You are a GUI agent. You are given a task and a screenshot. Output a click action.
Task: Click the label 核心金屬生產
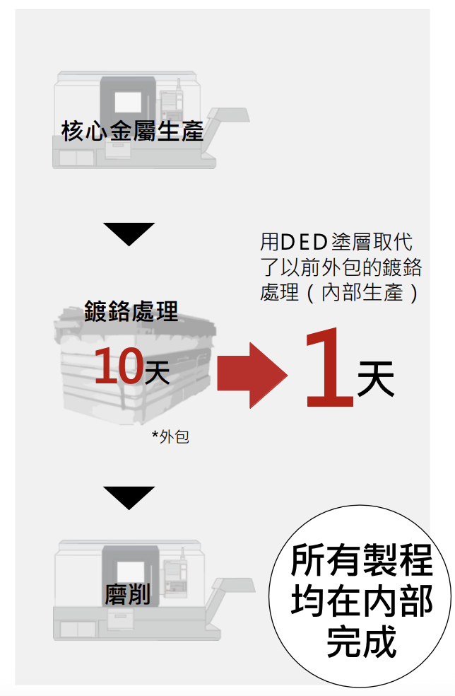pos(132,132)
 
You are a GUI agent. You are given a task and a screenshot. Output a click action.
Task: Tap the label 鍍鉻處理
pos(131,311)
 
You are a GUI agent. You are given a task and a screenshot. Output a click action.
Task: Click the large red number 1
pos(329,369)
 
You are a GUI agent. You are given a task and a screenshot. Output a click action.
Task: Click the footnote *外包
pos(170,436)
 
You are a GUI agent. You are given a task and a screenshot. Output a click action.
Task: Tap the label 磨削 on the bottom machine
pos(127,595)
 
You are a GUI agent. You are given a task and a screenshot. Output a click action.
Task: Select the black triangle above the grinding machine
pos(129,497)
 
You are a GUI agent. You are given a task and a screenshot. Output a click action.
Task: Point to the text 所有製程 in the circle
pos(361,561)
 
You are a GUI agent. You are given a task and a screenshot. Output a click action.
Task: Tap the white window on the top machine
pos(128,100)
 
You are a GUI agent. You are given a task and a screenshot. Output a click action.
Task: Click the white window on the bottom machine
pos(128,570)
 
